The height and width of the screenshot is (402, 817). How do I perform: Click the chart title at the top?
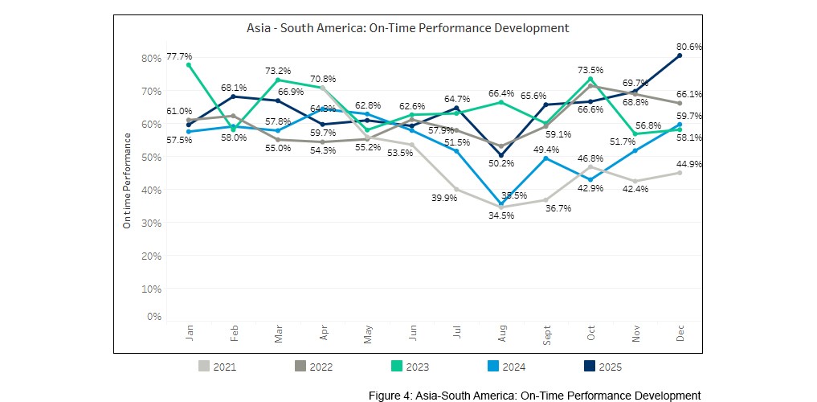point(407,28)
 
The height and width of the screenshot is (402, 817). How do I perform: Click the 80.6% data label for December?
point(690,47)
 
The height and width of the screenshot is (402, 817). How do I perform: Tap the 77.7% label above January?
point(178,56)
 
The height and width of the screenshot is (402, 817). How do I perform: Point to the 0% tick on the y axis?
point(154,317)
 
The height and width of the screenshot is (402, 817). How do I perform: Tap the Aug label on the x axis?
point(501,334)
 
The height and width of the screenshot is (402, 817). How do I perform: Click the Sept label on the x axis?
point(546,335)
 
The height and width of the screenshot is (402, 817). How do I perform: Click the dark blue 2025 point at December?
point(680,55)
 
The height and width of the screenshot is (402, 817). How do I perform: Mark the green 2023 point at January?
point(189,65)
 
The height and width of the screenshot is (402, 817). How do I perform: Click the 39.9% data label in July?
point(443,198)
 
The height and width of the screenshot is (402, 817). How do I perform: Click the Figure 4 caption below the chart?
point(534,396)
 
